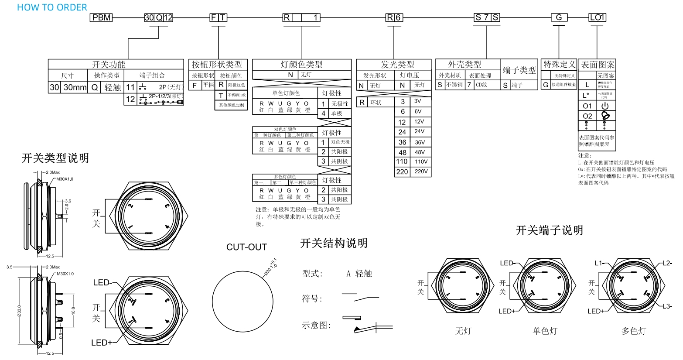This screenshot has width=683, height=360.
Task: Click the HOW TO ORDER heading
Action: tap(52, 7)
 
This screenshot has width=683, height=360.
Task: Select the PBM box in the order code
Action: tap(101, 17)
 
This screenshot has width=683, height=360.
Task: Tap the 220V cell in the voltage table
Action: tap(421, 171)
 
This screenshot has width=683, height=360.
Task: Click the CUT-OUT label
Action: tap(246, 247)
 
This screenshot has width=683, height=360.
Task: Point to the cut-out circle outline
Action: tap(212, 293)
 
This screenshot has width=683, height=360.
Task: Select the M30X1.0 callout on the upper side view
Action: tap(65, 179)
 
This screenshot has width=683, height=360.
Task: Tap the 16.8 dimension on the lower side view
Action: tap(73, 310)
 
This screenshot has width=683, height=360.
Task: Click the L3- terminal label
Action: tap(667, 306)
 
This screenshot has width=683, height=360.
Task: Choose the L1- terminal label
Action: tap(599, 263)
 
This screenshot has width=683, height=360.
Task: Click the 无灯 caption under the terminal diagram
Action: tap(463, 331)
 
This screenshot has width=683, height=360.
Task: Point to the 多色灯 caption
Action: tap(633, 331)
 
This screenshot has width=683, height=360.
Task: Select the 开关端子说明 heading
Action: tap(549, 230)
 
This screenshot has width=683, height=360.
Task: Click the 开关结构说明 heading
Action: tap(334, 243)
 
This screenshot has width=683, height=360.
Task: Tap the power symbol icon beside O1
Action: tap(605, 106)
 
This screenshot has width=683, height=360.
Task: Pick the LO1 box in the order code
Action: tap(597, 17)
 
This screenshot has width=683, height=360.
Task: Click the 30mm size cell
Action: tap(75, 87)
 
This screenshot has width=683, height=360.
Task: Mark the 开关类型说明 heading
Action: tap(55, 158)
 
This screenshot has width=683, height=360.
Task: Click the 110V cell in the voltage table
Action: tap(421, 161)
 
